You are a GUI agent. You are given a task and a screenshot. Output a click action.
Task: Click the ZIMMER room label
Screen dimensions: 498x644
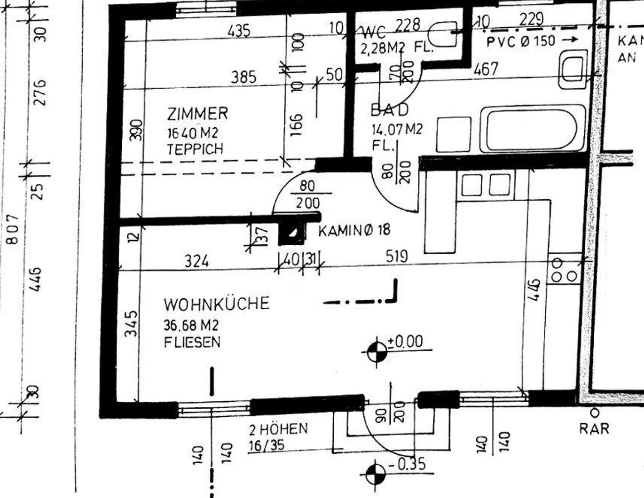click(197, 114)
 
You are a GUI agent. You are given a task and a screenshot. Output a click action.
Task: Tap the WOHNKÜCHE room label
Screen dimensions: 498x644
click(216, 304)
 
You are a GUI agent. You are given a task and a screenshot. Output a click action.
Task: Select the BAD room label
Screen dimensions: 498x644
click(390, 110)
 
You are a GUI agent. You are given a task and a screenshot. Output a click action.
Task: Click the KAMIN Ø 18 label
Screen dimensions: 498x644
click(354, 231)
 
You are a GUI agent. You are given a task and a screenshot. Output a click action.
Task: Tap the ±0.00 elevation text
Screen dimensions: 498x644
click(405, 342)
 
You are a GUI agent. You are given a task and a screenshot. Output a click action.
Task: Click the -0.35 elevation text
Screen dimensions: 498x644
click(407, 464)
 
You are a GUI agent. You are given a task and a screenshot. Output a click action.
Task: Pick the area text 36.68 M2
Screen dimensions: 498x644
click(191, 325)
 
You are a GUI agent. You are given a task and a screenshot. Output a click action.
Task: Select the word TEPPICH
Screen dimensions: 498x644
click(195, 149)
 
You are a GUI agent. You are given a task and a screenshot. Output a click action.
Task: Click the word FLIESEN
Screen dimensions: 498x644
click(192, 342)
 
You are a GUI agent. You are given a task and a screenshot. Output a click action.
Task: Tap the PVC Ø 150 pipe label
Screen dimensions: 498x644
click(520, 41)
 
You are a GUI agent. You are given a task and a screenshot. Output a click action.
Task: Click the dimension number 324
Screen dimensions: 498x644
click(196, 261)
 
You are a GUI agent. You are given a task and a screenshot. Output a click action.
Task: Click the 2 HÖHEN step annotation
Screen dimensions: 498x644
click(278, 429)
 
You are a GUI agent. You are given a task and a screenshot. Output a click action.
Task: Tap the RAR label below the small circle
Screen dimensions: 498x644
click(594, 428)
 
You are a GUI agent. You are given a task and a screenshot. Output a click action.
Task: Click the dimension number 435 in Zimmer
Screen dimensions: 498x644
click(239, 31)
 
